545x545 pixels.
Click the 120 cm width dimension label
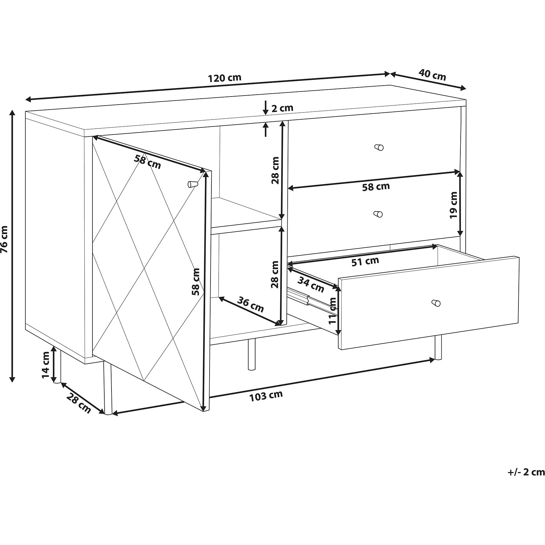click(225, 77)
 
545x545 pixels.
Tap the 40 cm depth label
click(432, 75)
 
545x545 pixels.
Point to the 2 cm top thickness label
click(282, 108)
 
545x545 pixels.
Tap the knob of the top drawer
click(379, 147)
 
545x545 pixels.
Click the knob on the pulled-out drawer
click(436, 303)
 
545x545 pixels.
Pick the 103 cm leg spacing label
click(266, 396)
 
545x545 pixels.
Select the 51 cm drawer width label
click(365, 261)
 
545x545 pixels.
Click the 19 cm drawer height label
click(453, 205)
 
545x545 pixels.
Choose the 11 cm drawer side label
click(333, 311)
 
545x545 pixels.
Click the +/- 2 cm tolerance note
click(526, 481)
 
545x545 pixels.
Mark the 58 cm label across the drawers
click(376, 187)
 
